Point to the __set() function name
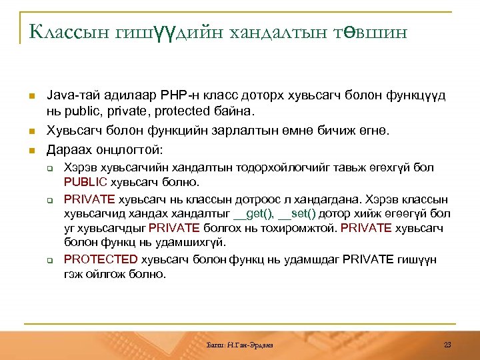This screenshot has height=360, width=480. [x=298, y=213]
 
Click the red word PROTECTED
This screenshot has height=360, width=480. [x=101, y=259]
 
